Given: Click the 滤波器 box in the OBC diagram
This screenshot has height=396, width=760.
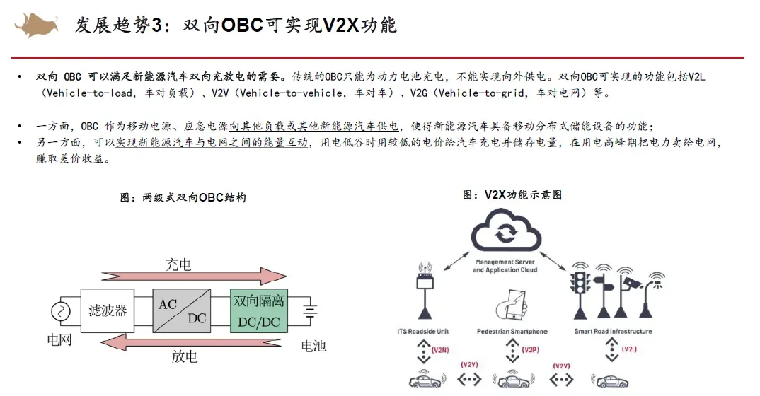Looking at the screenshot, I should pyautogui.click(x=108, y=311).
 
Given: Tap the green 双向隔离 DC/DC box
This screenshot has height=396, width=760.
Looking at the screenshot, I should pyautogui.click(x=258, y=310).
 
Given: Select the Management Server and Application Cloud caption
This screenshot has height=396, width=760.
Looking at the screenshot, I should pyautogui.click(x=505, y=266).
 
